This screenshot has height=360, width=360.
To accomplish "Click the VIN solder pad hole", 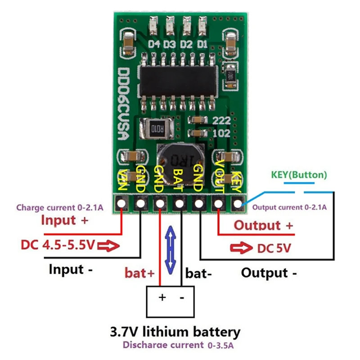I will (121, 204).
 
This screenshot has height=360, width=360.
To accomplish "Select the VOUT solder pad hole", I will (218, 204).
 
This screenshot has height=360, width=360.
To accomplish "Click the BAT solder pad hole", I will (180, 204).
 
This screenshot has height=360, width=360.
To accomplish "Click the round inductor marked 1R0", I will (178, 160).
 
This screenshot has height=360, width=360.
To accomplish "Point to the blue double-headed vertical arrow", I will (170, 250).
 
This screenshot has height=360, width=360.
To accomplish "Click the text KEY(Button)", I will (299, 175).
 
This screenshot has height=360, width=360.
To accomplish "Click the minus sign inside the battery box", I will (182, 298).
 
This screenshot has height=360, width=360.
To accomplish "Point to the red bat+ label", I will (139, 273).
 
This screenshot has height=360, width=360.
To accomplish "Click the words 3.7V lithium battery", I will (175, 332).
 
